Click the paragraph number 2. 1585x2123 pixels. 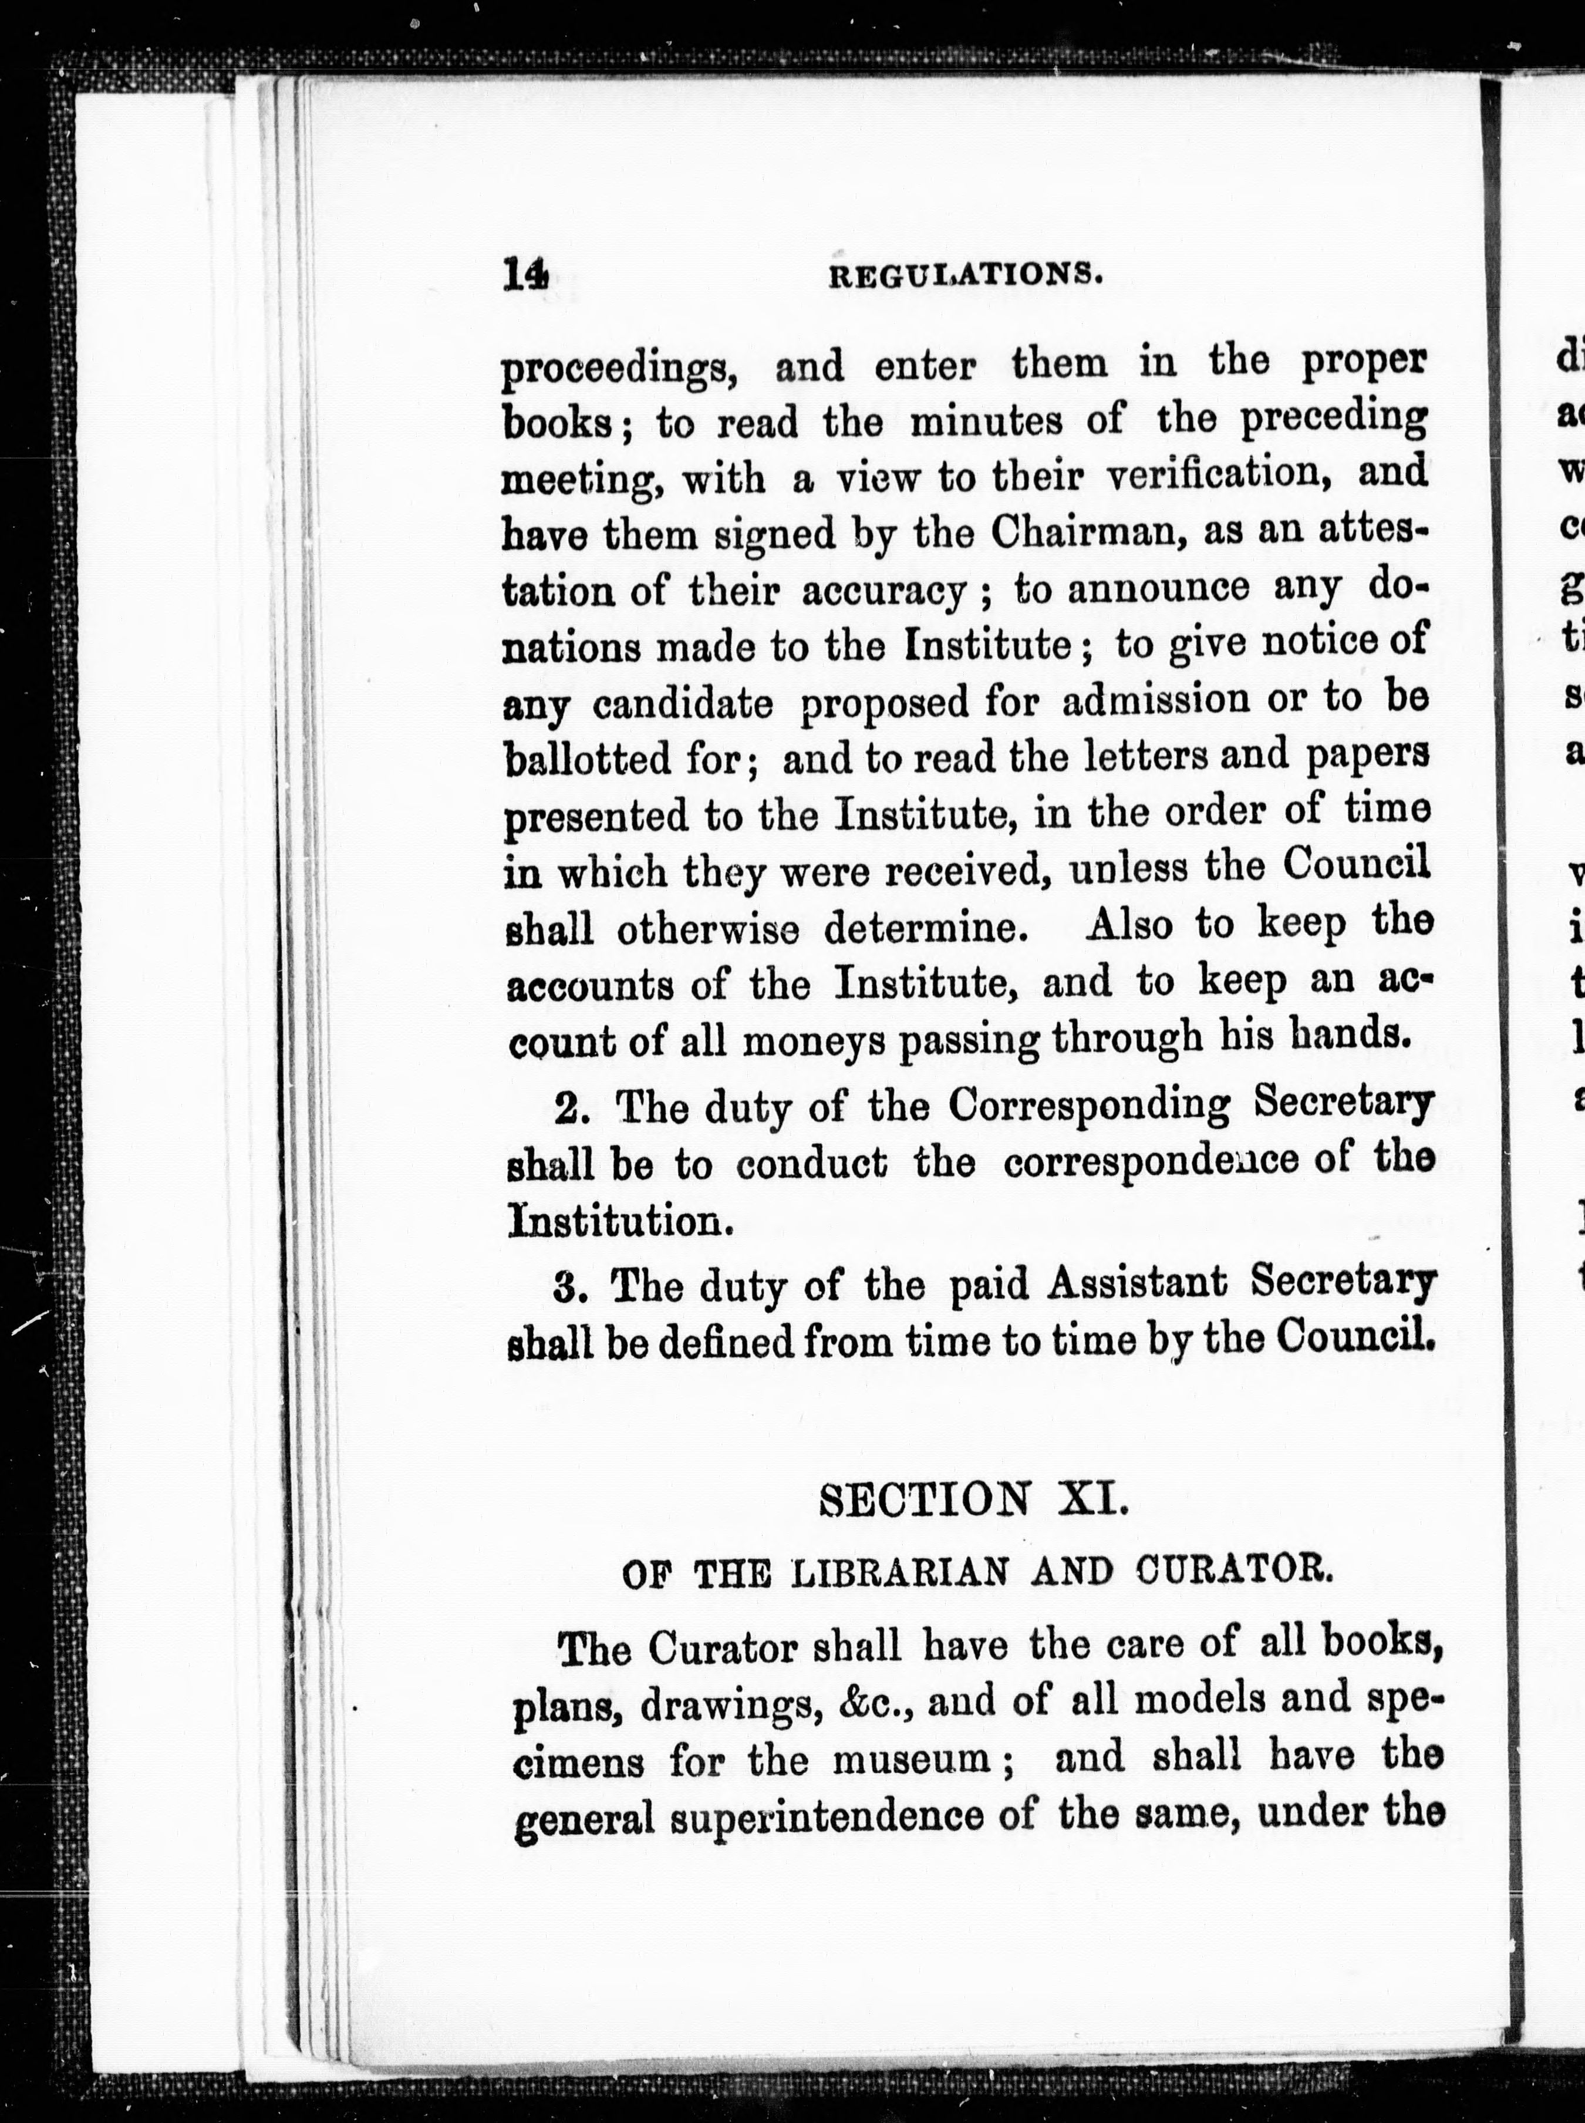tap(573, 1107)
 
